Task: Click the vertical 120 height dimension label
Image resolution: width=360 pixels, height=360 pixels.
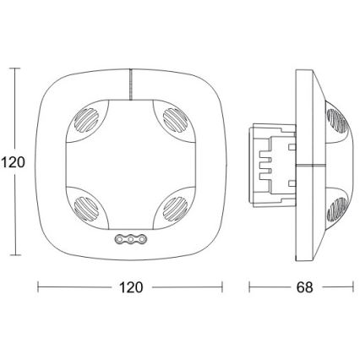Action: coord(13,162)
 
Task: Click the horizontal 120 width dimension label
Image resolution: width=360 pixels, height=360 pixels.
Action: coord(131,287)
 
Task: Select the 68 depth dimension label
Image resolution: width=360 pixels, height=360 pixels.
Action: coord(304,287)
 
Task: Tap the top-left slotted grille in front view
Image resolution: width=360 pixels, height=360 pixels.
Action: coord(86,120)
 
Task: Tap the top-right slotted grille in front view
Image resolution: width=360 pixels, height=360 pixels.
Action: coord(175,120)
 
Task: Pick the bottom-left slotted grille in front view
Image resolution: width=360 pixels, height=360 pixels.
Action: coord(86,209)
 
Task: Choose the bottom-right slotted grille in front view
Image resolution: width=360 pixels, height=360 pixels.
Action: coord(175,209)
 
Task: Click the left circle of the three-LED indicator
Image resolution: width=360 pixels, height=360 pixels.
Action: coord(119,239)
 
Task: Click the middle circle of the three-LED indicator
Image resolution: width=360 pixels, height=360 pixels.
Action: coord(131,239)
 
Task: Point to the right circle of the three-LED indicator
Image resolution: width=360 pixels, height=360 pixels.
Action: coord(142,239)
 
